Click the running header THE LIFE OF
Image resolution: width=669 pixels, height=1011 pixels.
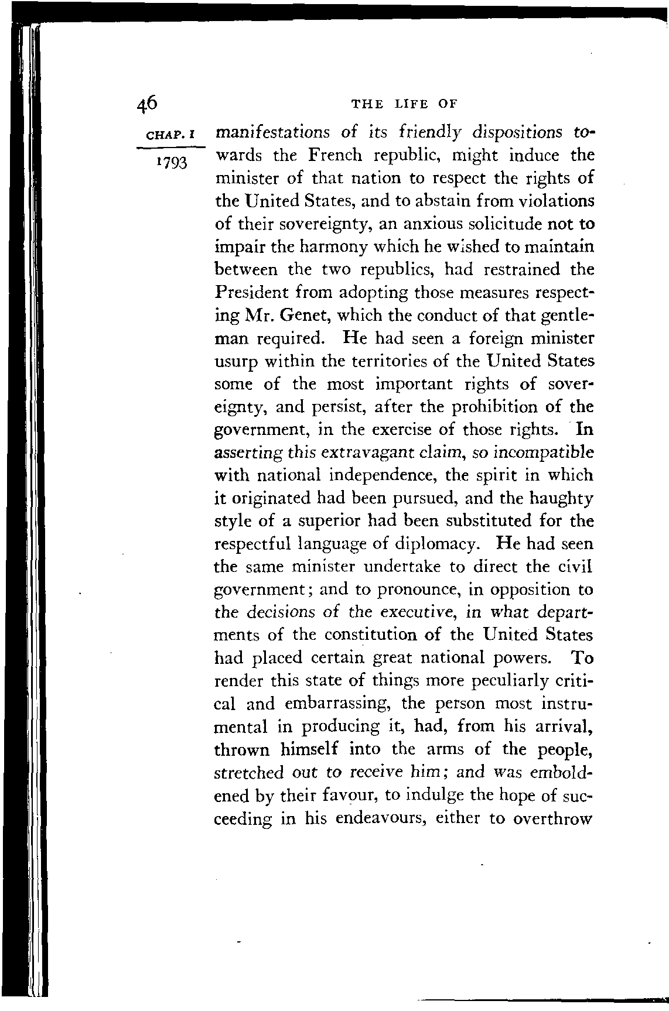click(x=403, y=104)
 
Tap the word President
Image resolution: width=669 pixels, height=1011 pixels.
click(x=253, y=293)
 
